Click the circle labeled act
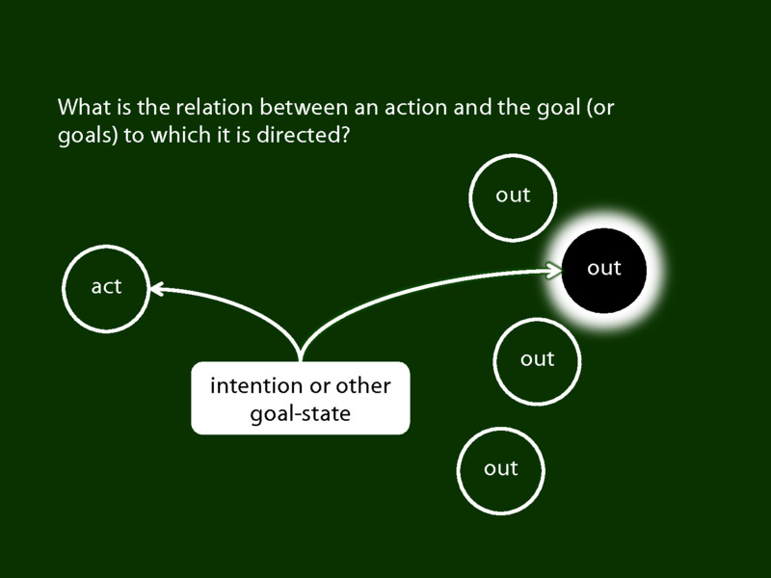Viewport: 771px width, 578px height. (x=106, y=287)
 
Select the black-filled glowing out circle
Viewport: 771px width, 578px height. (x=604, y=269)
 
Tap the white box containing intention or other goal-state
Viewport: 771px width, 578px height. (x=301, y=399)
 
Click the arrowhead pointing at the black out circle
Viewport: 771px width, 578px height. (x=555, y=271)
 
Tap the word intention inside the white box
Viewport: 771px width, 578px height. (x=256, y=386)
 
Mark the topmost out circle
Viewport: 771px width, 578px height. (x=513, y=196)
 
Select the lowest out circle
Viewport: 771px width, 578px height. (x=501, y=469)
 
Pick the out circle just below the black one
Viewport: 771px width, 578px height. (x=537, y=359)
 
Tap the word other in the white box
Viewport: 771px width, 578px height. (x=362, y=386)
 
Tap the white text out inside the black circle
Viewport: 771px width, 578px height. (x=604, y=269)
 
